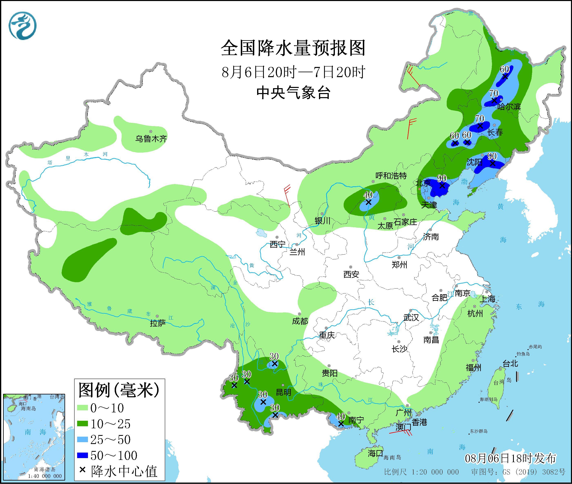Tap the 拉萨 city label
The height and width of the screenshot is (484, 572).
(158, 323)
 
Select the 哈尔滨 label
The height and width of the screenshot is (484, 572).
(509, 107)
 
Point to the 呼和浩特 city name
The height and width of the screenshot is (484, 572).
(391, 176)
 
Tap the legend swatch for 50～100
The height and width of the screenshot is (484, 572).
(82, 456)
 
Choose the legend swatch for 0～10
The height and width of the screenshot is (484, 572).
(82, 408)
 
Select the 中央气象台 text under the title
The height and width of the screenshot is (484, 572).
(293, 93)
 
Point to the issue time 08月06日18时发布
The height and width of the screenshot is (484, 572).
(511, 458)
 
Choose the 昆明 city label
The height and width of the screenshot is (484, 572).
(283, 392)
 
